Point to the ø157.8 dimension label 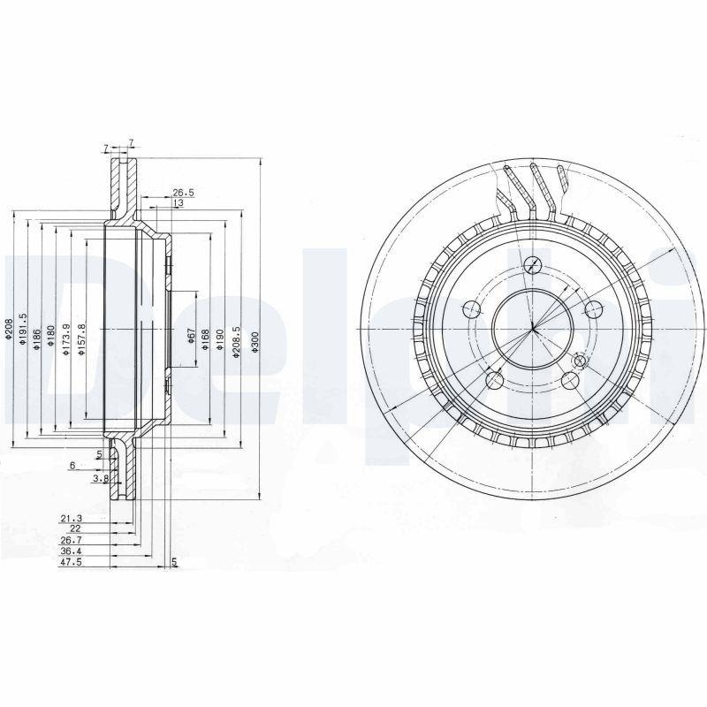(x=80, y=338)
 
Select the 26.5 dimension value (x=183, y=192)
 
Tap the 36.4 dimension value (x=70, y=550)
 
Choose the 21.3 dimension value (x=70, y=518)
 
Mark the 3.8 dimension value (x=101, y=478)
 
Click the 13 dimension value (x=178, y=203)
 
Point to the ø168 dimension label (x=205, y=339)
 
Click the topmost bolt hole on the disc (x=533, y=263)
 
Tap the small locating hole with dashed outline (x=580, y=361)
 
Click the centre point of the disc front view (x=533, y=330)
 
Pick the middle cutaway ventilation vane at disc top (x=536, y=189)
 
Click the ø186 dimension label (x=37, y=339)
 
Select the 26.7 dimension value (x=70, y=539)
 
